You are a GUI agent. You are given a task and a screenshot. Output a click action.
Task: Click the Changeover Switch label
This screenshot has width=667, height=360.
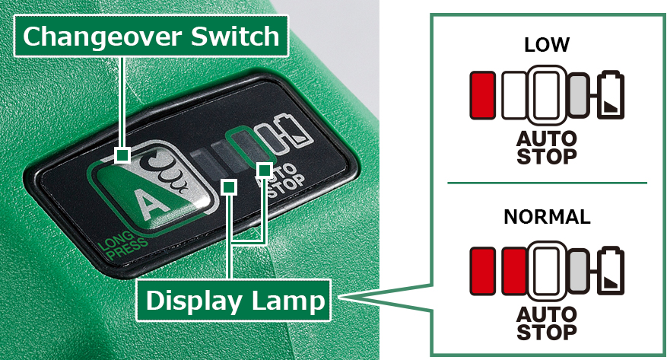click(151, 37)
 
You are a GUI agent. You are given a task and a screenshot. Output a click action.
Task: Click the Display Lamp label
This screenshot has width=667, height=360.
click(233, 301)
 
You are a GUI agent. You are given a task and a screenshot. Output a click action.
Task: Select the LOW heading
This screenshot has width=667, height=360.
click(547, 45)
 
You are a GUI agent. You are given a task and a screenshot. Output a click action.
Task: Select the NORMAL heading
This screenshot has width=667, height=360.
click(547, 217)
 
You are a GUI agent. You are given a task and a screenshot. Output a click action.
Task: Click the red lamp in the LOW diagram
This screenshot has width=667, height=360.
click(483, 95)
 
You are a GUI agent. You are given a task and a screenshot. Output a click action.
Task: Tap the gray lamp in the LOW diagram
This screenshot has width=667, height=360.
click(579, 95)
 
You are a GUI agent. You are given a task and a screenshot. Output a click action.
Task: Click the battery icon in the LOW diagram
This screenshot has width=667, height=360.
click(611, 94)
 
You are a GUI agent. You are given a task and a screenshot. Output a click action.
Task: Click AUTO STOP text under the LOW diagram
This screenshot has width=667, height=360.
click(547, 147)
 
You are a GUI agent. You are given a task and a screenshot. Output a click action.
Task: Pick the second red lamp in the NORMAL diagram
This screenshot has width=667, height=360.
click(515, 271)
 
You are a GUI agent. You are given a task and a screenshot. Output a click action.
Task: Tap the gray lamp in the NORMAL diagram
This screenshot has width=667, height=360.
click(579, 271)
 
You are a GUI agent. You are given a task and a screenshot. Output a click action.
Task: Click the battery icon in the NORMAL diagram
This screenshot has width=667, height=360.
click(611, 270)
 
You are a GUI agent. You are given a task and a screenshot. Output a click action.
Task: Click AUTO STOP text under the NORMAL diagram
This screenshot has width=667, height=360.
click(547, 323)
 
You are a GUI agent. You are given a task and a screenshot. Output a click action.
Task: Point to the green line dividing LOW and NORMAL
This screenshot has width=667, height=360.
click(547, 183)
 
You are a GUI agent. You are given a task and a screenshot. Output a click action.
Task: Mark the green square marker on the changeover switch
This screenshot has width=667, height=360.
click(122, 155)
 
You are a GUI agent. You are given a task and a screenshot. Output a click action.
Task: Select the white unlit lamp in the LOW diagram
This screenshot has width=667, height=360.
click(515, 95)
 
